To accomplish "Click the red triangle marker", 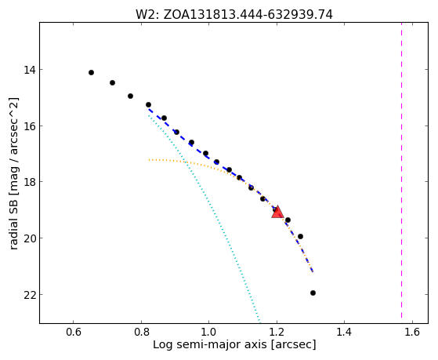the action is click(277, 213).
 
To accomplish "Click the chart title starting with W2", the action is click(234, 15).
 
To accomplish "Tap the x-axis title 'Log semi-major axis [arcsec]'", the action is click(234, 344).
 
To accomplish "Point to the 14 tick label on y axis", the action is click(29, 70).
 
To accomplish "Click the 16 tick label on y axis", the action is click(29, 125).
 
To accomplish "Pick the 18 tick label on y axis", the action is click(29, 182).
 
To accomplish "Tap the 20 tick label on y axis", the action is click(29, 238).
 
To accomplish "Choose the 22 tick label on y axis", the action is click(29, 295).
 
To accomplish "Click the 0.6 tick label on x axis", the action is click(73, 332).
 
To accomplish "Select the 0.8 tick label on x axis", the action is click(141, 332).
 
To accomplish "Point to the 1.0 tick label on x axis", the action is click(208, 332).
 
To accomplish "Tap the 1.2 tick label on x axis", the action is click(277, 332).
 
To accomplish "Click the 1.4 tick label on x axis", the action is click(344, 332).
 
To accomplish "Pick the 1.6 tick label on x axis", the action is click(412, 332).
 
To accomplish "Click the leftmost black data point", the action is click(91, 73).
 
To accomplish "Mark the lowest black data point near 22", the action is click(313, 293).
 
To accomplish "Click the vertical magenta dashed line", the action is click(401, 170).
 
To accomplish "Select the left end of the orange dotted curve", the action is click(149, 160).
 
